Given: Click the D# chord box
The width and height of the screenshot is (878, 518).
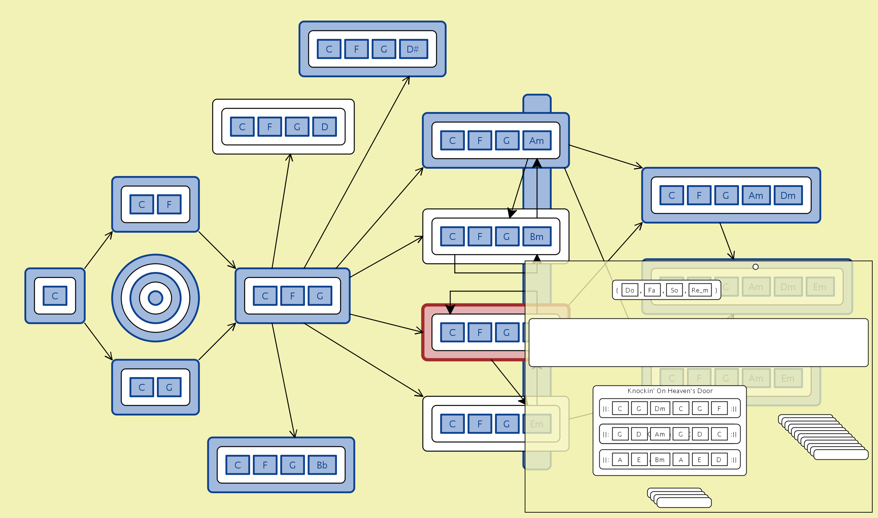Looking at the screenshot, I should point(413,49).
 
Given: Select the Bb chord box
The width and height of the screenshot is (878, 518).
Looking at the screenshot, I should point(322,465).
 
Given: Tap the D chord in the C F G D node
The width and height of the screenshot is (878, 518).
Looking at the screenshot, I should point(324,127).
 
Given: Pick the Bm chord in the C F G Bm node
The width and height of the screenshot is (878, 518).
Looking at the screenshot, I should point(536,237).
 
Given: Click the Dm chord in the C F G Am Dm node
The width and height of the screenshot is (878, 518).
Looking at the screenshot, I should point(788,195).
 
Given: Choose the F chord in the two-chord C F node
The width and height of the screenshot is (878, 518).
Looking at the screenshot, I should point(169,205).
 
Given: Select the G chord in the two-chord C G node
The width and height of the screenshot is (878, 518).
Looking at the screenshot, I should point(169,387).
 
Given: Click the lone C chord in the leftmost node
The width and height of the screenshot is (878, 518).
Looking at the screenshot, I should point(55,296).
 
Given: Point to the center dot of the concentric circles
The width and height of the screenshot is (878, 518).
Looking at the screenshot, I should point(155,298).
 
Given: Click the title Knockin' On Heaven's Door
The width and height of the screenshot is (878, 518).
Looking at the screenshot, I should point(670,391).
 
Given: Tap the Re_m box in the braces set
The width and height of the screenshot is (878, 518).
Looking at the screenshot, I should point(700,290).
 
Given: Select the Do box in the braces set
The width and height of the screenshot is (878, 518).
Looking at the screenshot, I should point(630,290).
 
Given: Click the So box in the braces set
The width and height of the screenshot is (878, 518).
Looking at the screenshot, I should point(674,290).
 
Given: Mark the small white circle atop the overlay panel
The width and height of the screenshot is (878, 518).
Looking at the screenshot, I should point(755,267).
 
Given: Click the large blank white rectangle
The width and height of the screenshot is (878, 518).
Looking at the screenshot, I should point(698,342).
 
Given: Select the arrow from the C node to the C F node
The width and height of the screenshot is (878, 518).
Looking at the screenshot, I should point(98,250).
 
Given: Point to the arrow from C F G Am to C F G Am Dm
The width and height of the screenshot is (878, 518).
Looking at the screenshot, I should point(605,156).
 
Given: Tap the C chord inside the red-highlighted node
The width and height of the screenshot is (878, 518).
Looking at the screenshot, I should point(452,333).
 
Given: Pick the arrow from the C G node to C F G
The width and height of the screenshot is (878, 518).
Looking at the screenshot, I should point(217,341).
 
